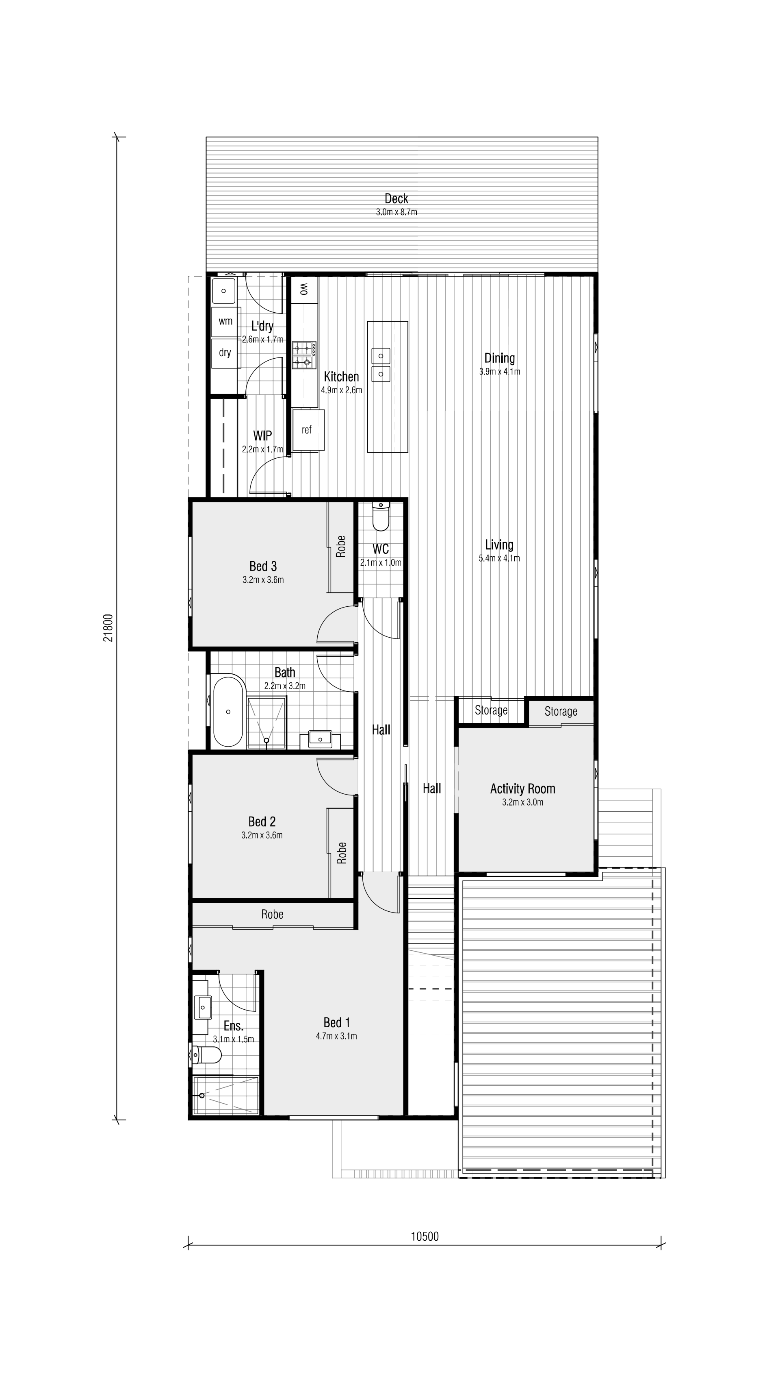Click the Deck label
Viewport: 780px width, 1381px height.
[x=396, y=199]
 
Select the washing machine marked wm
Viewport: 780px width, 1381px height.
[x=225, y=321]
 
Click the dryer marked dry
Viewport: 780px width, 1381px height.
[x=225, y=353]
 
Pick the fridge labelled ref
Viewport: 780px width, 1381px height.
[x=308, y=430]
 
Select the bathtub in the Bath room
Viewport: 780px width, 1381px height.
[x=229, y=711]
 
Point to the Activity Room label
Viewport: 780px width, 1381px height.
[x=522, y=789]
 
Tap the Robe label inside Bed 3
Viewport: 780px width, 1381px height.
[x=341, y=547]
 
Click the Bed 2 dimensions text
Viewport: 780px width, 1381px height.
[x=262, y=835]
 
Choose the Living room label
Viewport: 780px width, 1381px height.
[x=499, y=545]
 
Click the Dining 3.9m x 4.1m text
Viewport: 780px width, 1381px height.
[x=499, y=371]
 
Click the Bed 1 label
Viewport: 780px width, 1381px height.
[x=336, y=1022]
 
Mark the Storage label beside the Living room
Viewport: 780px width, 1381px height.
[x=491, y=710]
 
